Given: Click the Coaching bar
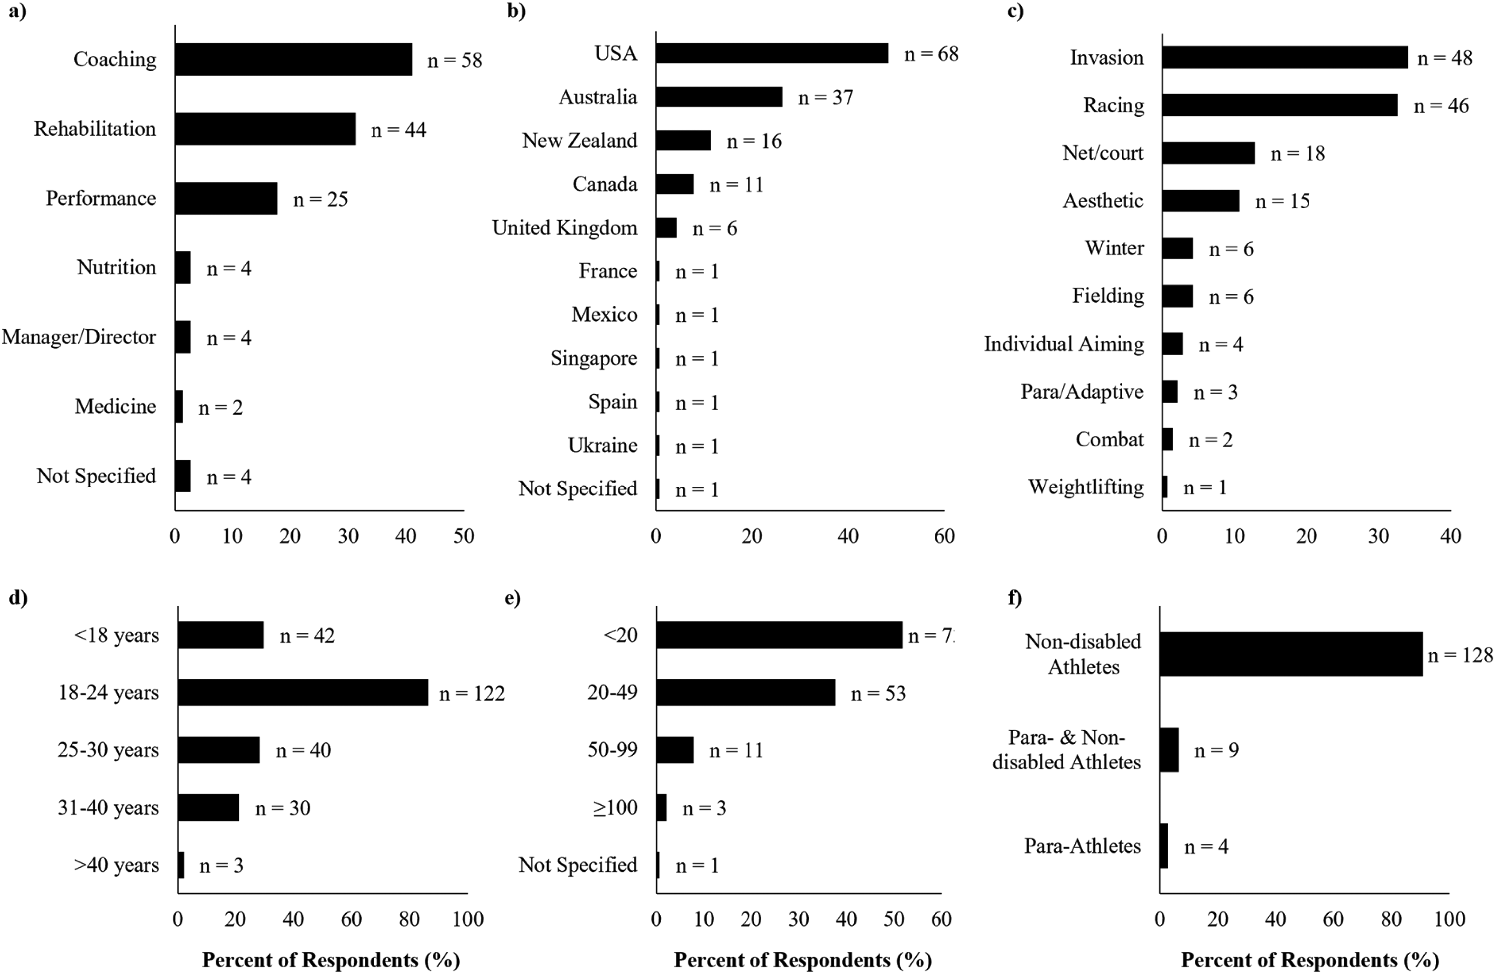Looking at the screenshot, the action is (294, 60).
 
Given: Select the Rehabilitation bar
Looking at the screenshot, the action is (265, 129).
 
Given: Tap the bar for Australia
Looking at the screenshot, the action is (719, 97).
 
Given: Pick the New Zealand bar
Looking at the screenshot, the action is (683, 140).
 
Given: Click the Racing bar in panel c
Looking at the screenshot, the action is (1280, 105).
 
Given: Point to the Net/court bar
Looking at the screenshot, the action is (1208, 153).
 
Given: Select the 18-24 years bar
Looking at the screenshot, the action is (303, 692).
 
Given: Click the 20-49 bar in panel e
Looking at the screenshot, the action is (746, 692).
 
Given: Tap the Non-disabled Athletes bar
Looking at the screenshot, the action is (1292, 654).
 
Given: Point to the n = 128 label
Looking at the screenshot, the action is (1460, 655).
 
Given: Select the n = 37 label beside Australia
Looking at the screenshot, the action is (826, 97).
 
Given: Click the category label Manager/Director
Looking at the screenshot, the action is (79, 337).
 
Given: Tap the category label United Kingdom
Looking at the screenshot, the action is (564, 228).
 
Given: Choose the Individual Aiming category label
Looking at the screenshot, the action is (1064, 344).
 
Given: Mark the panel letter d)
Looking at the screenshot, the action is (18, 597).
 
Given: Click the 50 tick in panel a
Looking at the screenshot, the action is (464, 536).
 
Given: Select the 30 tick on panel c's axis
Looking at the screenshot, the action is (1378, 536).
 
